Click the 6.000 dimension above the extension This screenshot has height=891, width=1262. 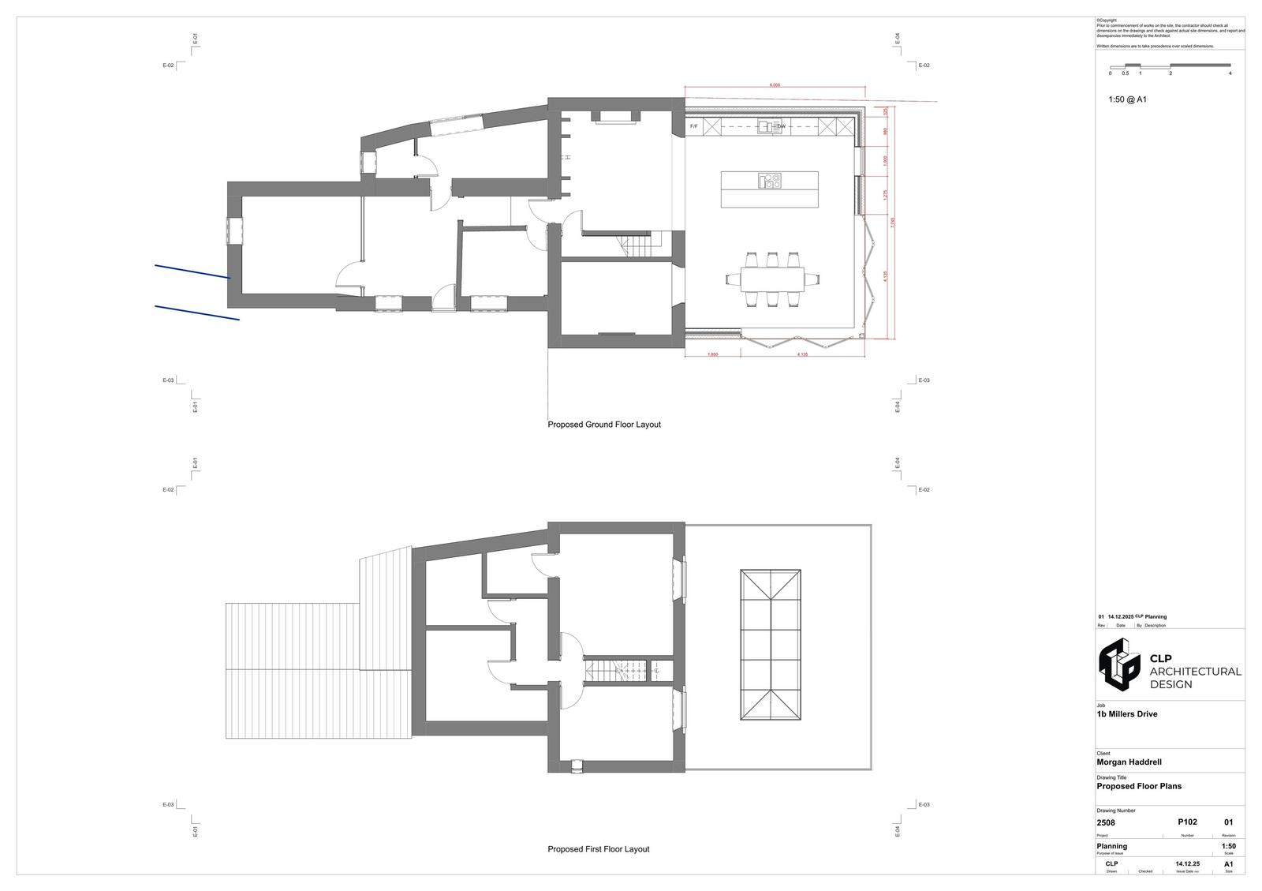(775, 85)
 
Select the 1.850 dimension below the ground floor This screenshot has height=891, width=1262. (713, 354)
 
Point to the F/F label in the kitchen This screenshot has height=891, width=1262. (694, 126)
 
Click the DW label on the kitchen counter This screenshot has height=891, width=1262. (782, 126)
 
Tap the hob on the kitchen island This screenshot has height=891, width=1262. (770, 182)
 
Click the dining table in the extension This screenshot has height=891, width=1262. (772, 279)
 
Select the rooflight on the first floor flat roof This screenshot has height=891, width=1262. (771, 645)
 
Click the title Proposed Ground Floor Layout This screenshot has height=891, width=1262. (604, 425)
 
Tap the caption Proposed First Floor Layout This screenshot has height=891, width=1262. (599, 849)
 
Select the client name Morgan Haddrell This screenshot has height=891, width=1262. (1129, 762)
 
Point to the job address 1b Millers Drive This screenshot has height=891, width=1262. (1127, 714)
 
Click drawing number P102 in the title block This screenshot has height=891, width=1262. (1187, 822)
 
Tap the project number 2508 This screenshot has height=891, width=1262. (1106, 823)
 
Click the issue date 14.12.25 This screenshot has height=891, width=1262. (1187, 864)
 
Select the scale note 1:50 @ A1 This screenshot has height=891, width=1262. (1127, 99)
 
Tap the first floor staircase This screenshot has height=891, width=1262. (615, 671)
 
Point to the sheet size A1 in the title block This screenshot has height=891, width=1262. (1228, 864)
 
